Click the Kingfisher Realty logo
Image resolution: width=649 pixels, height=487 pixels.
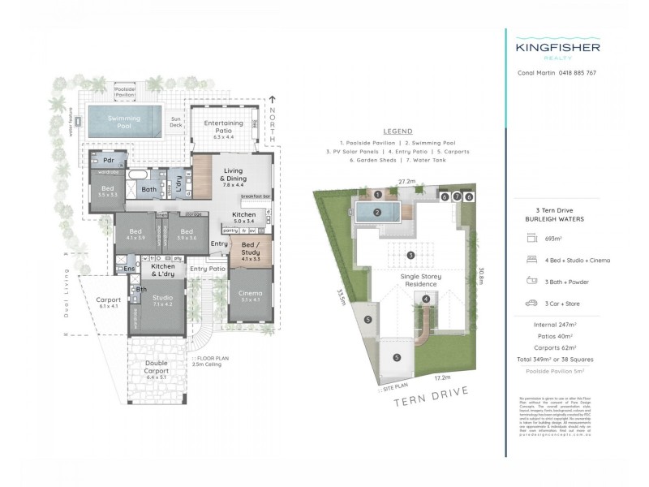pos(557,51)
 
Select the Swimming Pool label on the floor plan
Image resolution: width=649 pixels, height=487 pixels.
pos(124,121)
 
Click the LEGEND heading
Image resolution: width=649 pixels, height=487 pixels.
pos(397,131)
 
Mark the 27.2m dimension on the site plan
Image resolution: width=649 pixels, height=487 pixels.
pos(406,183)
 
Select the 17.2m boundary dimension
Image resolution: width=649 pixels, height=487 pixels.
pos(441,378)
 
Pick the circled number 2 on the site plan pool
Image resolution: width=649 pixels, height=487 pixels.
pos(377,213)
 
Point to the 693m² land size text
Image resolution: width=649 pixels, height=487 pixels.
pos(555,238)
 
